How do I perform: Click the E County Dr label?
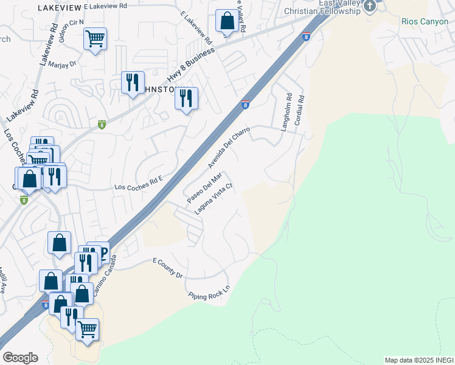tap(167, 267)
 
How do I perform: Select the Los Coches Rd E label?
tap(140, 182)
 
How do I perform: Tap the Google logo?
tap(20, 358)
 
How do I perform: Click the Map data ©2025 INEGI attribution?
tap(419, 360)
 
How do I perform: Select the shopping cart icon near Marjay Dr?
tap(95, 39)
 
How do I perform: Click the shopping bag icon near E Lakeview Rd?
tap(227, 20)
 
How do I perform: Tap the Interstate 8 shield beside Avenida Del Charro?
tap(246, 105)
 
